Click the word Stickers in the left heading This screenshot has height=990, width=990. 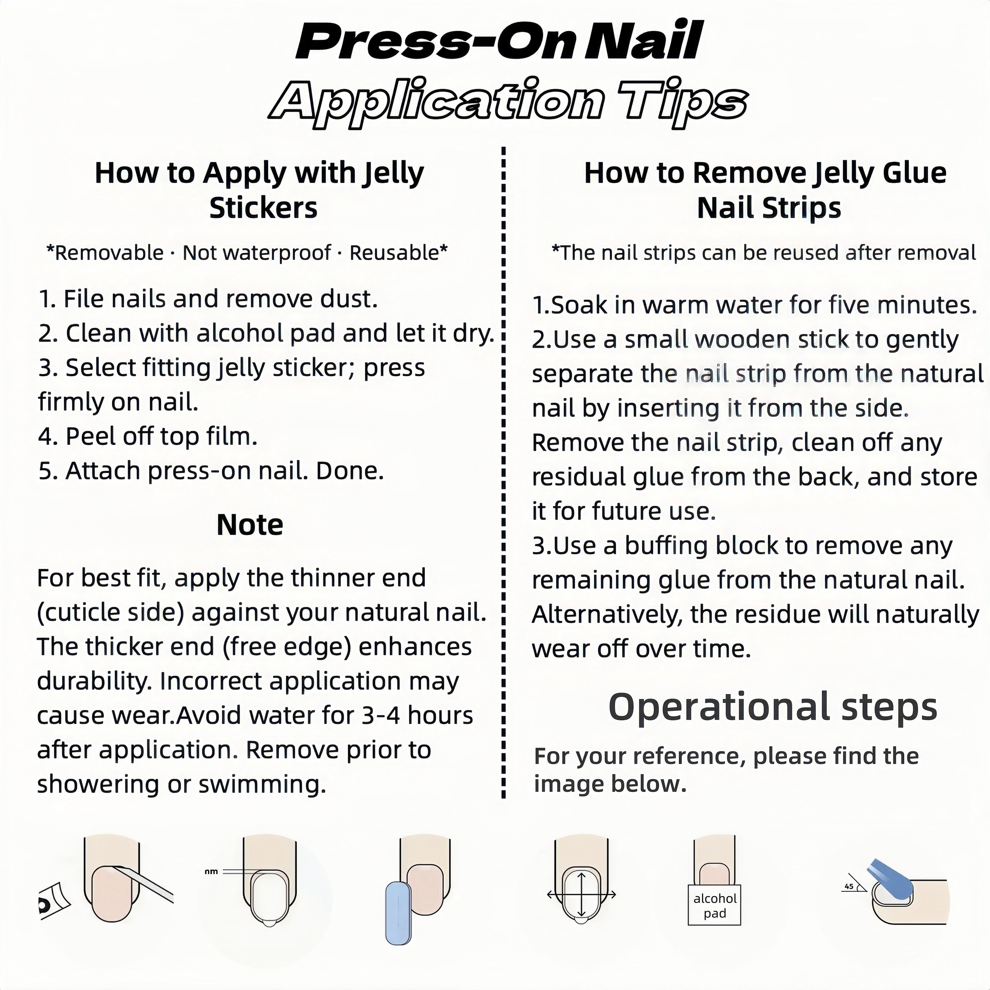pos(263,208)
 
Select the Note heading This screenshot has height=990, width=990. pos(250,525)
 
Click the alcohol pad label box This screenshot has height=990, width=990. pos(714,905)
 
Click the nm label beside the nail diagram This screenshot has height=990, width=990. pos(211,871)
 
